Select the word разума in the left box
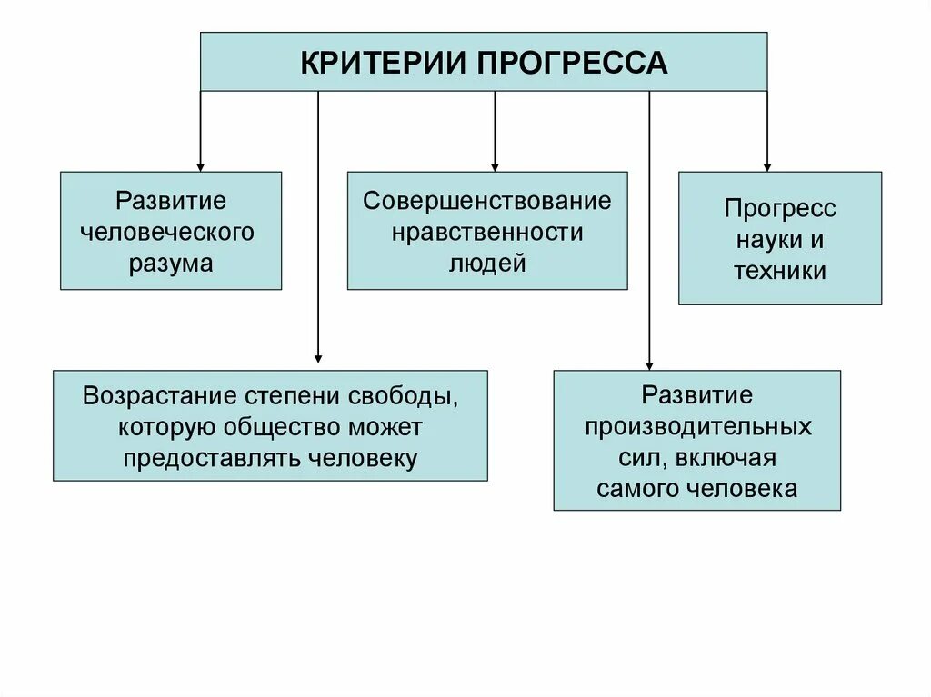click(x=171, y=264)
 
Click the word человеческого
click(x=171, y=232)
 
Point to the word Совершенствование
click(x=487, y=200)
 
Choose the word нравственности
click(x=487, y=232)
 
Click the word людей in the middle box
click(x=487, y=264)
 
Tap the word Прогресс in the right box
click(x=780, y=208)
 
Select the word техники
click(x=780, y=270)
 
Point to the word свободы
click(x=403, y=396)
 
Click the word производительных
click(x=697, y=426)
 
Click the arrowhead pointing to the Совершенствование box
click(x=495, y=165)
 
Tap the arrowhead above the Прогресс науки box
click(x=766, y=165)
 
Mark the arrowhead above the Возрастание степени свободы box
click(x=318, y=357)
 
